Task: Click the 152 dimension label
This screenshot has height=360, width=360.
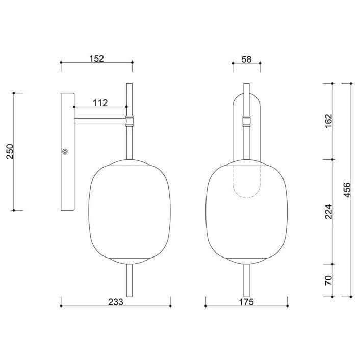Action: (96, 59)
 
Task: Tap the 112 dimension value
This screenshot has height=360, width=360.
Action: (100, 103)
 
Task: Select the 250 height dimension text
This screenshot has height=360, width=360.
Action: (10, 151)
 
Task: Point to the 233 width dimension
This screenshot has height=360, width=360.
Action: (115, 302)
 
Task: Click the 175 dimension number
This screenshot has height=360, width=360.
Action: (246, 302)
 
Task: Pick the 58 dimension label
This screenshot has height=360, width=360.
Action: (246, 60)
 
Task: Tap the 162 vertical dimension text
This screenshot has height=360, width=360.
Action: (329, 121)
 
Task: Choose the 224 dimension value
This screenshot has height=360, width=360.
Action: (329, 212)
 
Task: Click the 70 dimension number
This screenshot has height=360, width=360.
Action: (329, 280)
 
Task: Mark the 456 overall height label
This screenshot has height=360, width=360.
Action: (347, 190)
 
